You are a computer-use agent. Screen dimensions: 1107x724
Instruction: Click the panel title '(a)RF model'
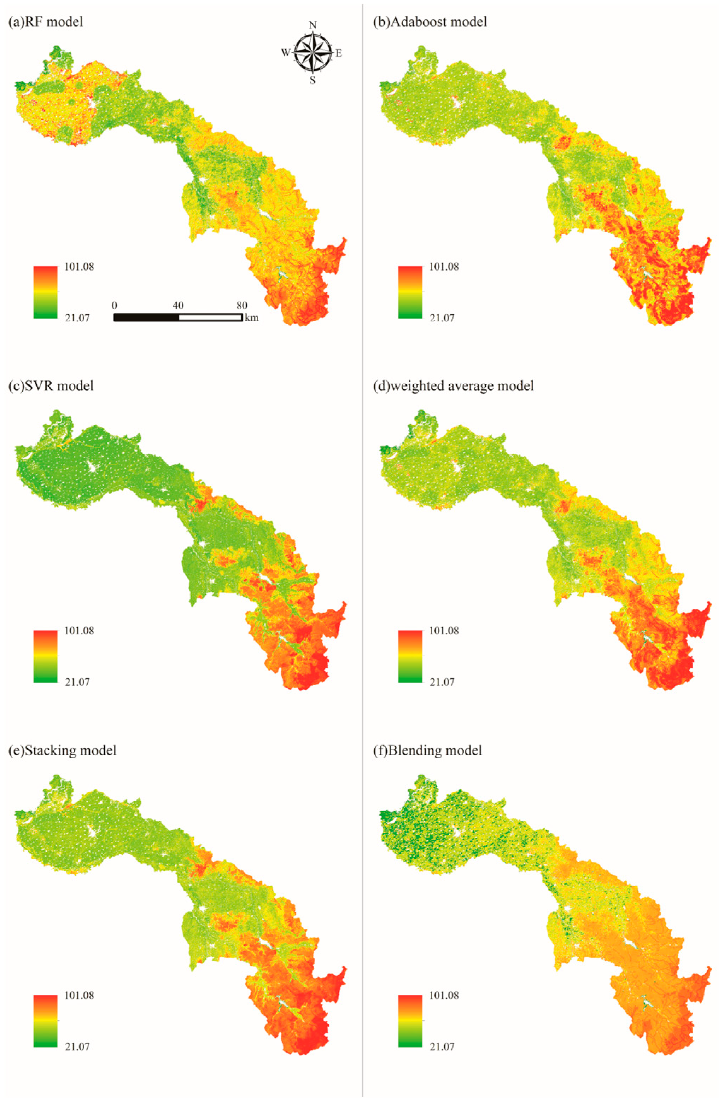[x=46, y=22]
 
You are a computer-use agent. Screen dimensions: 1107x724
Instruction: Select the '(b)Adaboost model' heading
[x=430, y=22]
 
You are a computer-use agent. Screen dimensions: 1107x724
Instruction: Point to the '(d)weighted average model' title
[x=453, y=386]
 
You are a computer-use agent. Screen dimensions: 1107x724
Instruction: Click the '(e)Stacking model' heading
[x=62, y=750]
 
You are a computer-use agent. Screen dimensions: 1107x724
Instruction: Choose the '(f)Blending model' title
[x=427, y=750]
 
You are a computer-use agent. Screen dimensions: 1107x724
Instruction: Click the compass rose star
[x=313, y=52]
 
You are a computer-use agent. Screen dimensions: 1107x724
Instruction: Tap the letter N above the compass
[x=313, y=25]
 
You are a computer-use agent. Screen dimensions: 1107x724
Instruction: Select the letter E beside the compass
[x=339, y=53]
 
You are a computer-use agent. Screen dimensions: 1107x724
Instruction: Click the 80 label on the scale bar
[x=241, y=306]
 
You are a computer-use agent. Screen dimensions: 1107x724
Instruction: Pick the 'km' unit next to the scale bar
[x=252, y=318]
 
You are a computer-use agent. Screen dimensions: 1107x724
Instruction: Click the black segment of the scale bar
[x=146, y=318]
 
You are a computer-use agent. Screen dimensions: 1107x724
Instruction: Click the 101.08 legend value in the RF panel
[x=78, y=267]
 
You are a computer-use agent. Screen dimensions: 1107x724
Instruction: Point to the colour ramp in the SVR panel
[x=45, y=656]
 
